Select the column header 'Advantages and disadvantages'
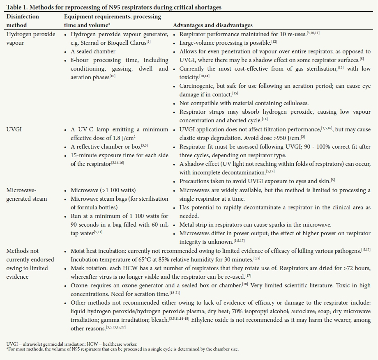pyautogui.click(x=213, y=25)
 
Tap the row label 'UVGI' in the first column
pyautogui.click(x=14, y=130)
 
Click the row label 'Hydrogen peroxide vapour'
pyautogui.click(x=30, y=39)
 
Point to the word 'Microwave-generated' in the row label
pyautogui.click(x=21, y=190)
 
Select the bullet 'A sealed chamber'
pyautogui.click(x=93, y=51)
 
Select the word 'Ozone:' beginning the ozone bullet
pyautogui.click(x=80, y=285)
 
